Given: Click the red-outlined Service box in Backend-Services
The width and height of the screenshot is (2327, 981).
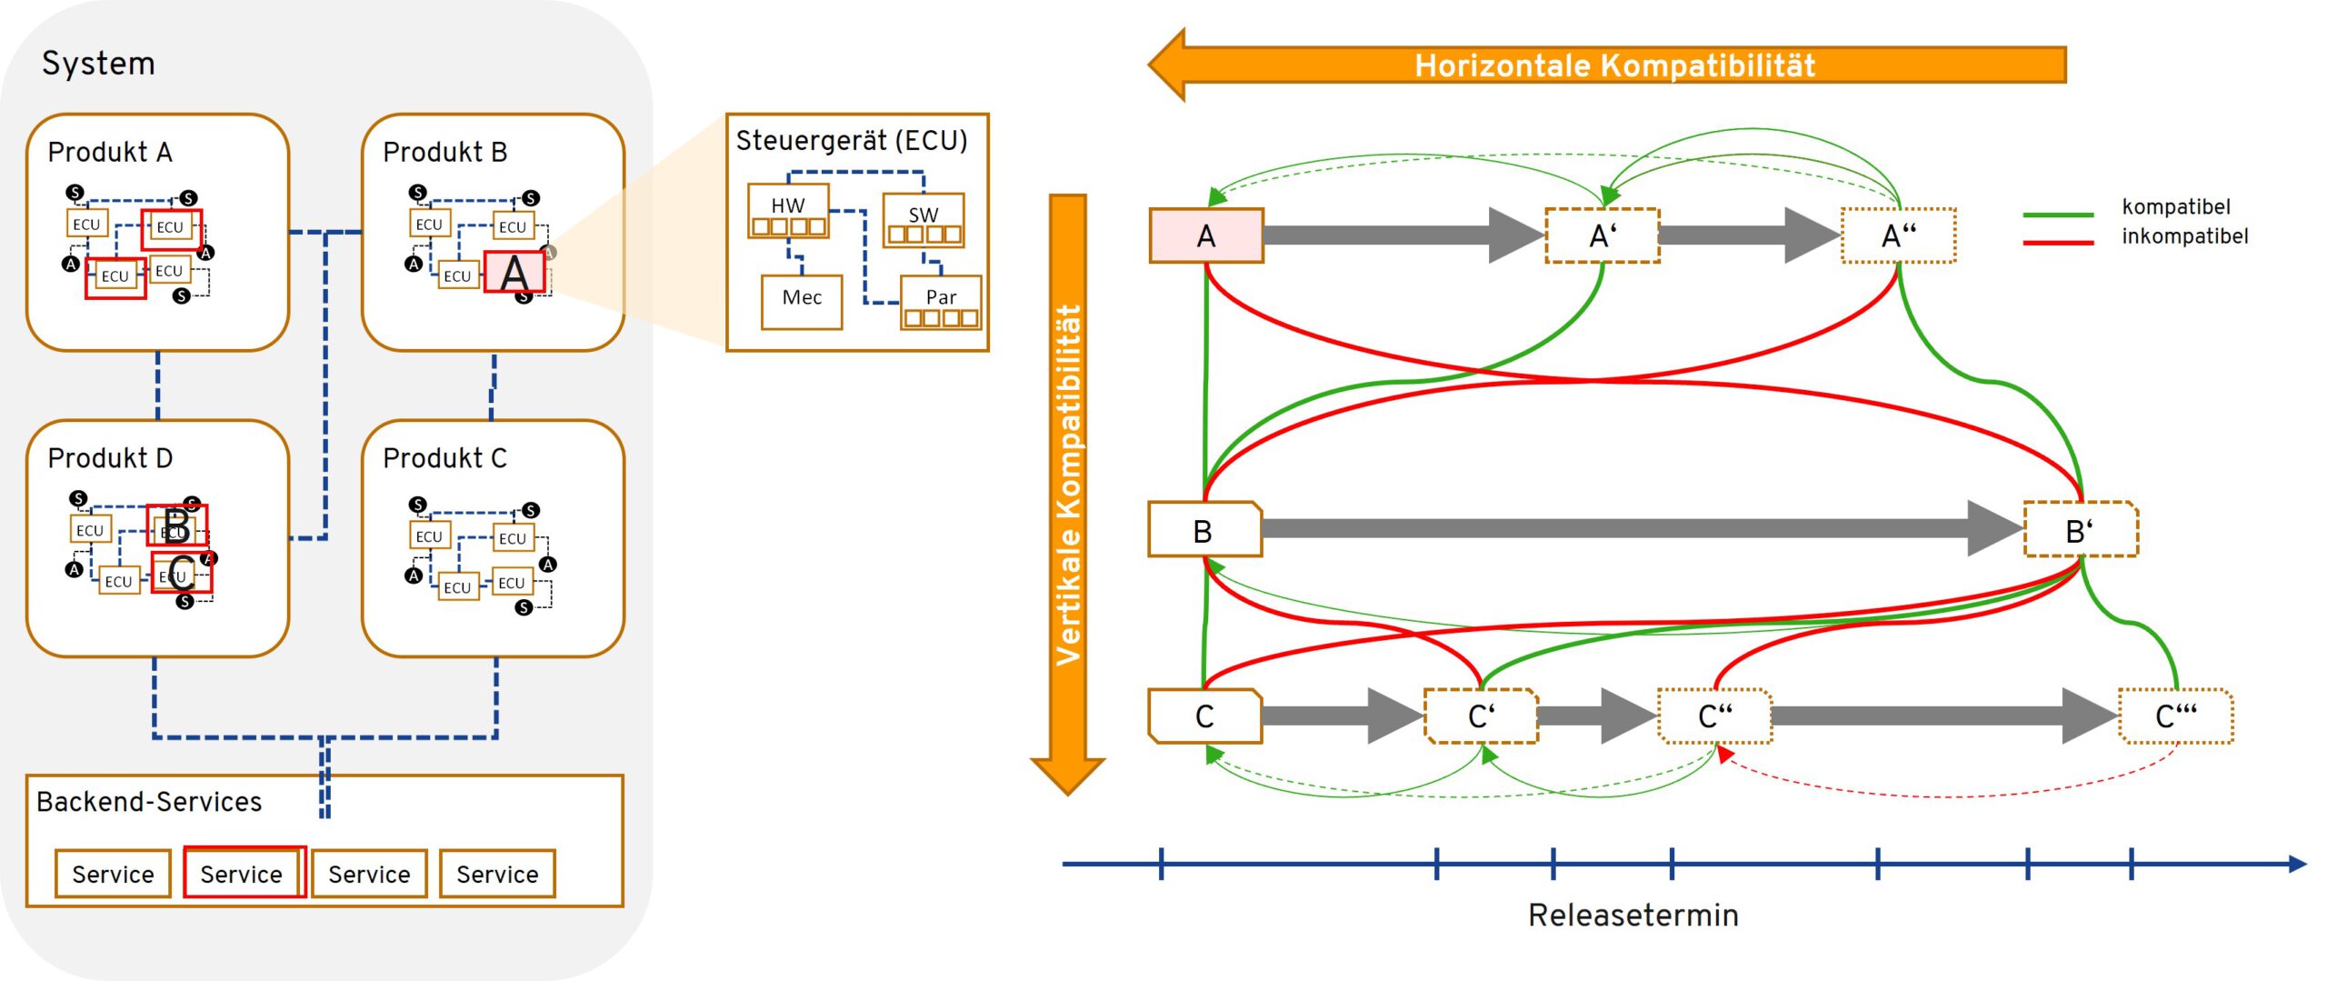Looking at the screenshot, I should click(x=243, y=873).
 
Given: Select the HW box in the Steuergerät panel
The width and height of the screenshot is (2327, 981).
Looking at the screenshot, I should click(x=788, y=211).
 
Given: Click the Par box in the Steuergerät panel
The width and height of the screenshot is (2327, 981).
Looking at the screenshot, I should click(x=941, y=302).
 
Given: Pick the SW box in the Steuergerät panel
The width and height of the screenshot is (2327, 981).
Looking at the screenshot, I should click(x=924, y=220).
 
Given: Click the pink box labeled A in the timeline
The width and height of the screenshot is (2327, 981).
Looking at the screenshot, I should click(x=1206, y=235).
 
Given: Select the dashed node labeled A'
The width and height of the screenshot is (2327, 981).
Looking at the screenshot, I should click(x=1603, y=235).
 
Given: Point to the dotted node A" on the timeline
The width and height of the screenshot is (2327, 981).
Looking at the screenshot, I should click(x=1898, y=235).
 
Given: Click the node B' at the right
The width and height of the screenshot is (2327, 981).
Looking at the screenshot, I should click(x=2081, y=529).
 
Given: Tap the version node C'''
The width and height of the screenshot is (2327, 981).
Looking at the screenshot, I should click(x=2176, y=716).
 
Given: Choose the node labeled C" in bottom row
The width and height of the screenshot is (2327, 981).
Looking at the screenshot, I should click(x=1715, y=716).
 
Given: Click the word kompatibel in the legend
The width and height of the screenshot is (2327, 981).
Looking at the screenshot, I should click(x=2176, y=206).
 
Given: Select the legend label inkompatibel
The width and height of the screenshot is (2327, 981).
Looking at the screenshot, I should click(x=2185, y=236).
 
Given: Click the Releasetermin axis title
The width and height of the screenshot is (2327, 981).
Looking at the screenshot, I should click(x=1633, y=915).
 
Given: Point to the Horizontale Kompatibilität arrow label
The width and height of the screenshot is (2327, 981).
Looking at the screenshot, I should click(x=1614, y=65).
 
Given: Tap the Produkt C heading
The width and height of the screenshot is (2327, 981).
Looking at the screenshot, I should click(x=444, y=458).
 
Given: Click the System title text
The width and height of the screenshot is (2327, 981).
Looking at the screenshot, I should click(x=98, y=64).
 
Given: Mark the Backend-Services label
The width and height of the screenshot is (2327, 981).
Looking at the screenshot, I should click(x=149, y=802).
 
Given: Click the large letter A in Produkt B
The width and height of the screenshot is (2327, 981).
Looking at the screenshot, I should click(x=514, y=272).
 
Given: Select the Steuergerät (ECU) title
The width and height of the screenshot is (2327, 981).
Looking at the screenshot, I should click(x=852, y=141).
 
